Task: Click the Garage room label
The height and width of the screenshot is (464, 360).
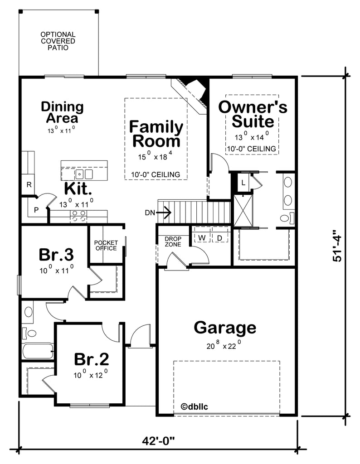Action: click(x=225, y=328)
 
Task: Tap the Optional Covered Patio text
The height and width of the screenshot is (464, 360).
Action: click(x=58, y=41)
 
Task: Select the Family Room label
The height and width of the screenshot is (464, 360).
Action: click(x=156, y=134)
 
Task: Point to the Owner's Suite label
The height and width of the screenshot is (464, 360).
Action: click(x=253, y=114)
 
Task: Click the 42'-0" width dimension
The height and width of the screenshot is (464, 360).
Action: click(x=158, y=441)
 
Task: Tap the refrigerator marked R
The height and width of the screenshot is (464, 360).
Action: click(x=29, y=185)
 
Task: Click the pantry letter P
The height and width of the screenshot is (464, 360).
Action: click(x=36, y=210)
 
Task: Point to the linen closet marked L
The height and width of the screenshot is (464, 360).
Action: click(x=243, y=183)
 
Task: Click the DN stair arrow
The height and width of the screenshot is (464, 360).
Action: click(x=163, y=213)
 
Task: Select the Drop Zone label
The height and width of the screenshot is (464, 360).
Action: click(x=173, y=242)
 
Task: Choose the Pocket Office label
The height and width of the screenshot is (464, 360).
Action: click(x=106, y=245)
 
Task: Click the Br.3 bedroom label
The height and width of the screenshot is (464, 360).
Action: click(x=56, y=255)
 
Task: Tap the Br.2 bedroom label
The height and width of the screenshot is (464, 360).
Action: click(x=91, y=359)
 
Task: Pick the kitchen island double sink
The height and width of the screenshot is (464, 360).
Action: click(x=84, y=174)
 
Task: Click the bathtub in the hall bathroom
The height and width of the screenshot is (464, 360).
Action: click(x=38, y=351)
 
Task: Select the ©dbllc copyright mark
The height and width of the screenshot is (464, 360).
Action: click(x=194, y=406)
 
